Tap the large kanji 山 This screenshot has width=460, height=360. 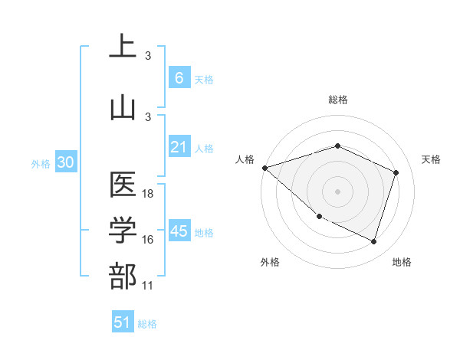(123, 106)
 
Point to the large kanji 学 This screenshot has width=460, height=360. (123, 232)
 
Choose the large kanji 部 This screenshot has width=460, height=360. (123, 276)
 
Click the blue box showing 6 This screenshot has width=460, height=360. (179, 78)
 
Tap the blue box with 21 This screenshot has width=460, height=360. (179, 147)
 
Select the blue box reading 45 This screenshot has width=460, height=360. (179, 231)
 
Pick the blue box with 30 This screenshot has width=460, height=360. (65, 162)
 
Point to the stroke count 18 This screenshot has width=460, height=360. (148, 194)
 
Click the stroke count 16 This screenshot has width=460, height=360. (148, 240)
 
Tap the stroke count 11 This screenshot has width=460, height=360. (148, 285)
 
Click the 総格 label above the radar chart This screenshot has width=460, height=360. (337, 100)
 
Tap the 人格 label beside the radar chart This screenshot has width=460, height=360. (245, 159)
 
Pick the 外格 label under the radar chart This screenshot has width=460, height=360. (270, 262)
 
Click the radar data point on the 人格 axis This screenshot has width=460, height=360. (264, 168)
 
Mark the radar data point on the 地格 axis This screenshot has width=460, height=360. (373, 242)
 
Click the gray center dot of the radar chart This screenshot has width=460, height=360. (337, 191)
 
